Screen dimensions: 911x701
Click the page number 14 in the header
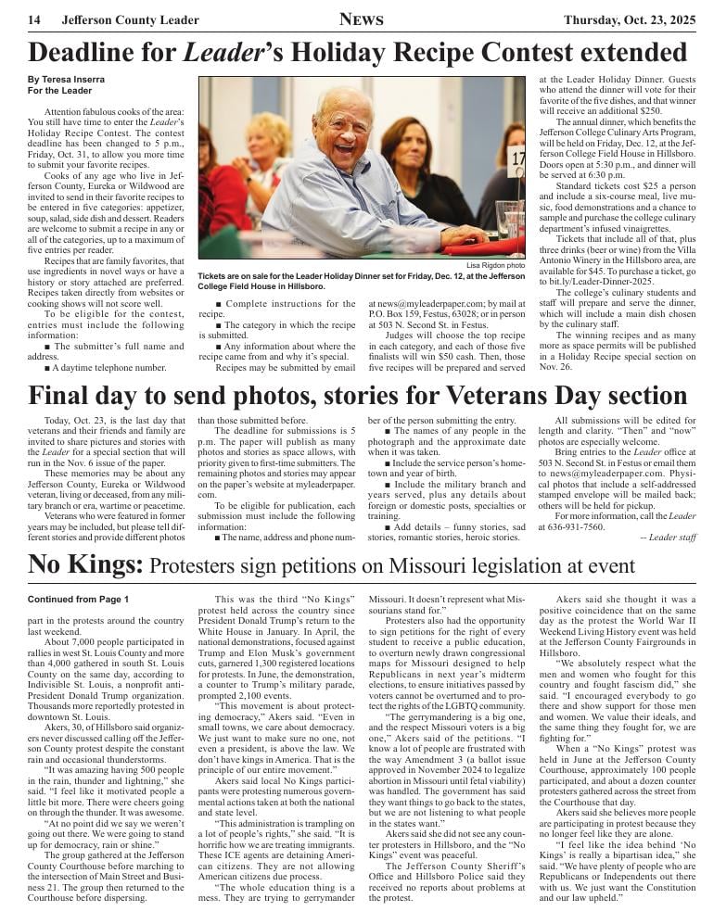pyautogui.click(x=33, y=20)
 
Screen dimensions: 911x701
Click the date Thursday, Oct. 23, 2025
pyautogui.click(x=630, y=20)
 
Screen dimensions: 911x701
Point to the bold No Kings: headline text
pyautogui.click(x=85, y=564)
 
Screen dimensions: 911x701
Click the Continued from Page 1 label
pyautogui.click(x=78, y=600)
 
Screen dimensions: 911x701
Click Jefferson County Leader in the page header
pyautogui.click(x=130, y=20)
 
